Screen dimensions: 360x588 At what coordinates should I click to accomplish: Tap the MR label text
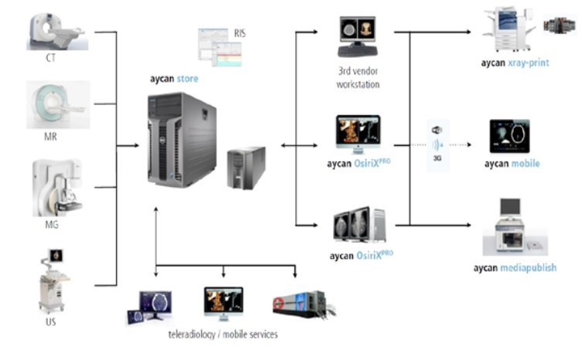click(51, 137)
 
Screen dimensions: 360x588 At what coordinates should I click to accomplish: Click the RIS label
click(240, 33)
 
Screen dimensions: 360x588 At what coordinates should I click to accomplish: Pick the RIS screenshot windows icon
click(219, 48)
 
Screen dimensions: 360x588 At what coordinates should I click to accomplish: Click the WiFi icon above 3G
click(437, 129)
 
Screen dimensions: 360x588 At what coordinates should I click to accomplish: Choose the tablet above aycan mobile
click(510, 137)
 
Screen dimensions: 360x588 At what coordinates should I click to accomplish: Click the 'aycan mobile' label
click(512, 164)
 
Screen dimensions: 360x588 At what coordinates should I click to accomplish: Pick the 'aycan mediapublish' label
click(515, 268)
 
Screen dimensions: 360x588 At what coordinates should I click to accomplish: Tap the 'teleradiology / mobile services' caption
click(223, 335)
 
